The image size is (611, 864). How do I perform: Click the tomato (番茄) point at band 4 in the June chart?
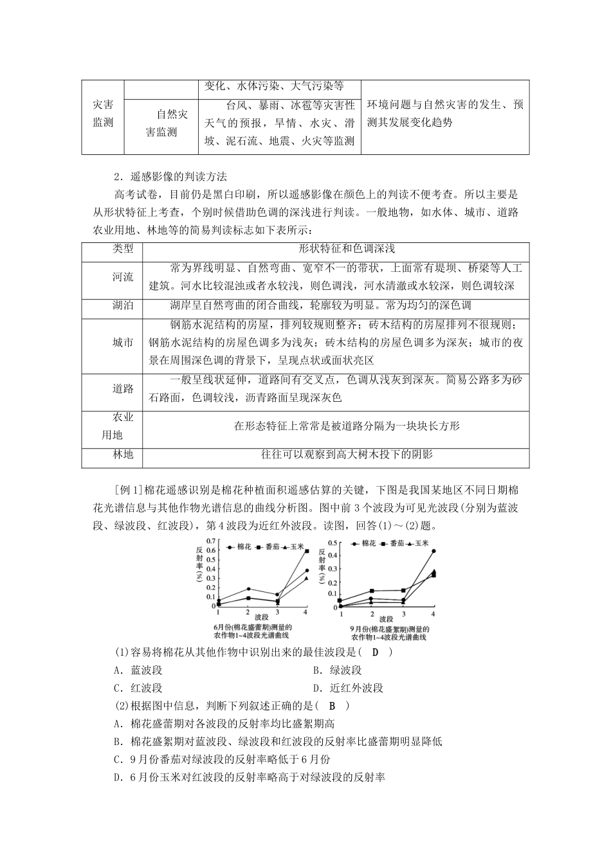pyautogui.click(x=307, y=551)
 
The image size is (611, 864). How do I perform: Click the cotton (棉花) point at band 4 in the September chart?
pyautogui.click(x=433, y=551)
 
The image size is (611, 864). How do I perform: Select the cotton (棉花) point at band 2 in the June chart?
pyautogui.click(x=249, y=588)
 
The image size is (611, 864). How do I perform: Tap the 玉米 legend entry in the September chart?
pyautogui.click(x=418, y=543)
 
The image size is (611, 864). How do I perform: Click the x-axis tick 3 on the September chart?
pyautogui.click(x=403, y=614)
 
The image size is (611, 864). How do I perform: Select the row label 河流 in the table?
pyautogui.click(x=123, y=277)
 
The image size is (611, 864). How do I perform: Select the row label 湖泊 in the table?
pyautogui.click(x=123, y=306)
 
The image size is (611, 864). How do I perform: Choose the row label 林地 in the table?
pyautogui.click(x=123, y=455)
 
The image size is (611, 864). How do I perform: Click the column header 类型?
pyautogui.click(x=123, y=249)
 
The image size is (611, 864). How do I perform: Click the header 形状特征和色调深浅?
pyautogui.click(x=338, y=249)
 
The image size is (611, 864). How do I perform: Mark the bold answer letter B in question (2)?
pyautogui.click(x=333, y=706)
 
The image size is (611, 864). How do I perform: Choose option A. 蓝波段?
pyautogui.click(x=139, y=670)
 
